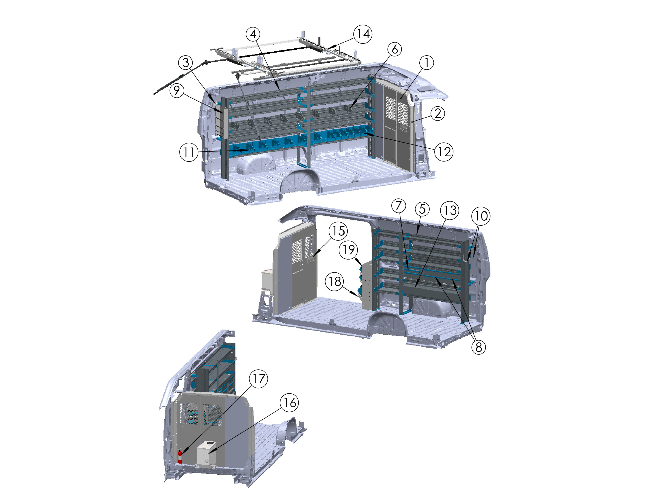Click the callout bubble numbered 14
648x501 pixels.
362,34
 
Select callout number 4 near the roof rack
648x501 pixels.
253,34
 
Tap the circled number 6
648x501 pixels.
395,49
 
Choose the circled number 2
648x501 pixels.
438,113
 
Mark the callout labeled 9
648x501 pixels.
177,90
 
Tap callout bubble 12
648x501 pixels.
444,152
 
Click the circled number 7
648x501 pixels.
398,205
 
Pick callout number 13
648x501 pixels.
450,210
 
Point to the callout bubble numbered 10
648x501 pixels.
481,216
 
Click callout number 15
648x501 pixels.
338,231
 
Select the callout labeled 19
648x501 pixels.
348,250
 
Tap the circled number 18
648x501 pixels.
335,281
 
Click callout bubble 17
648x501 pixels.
258,379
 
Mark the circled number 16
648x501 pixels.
290,403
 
